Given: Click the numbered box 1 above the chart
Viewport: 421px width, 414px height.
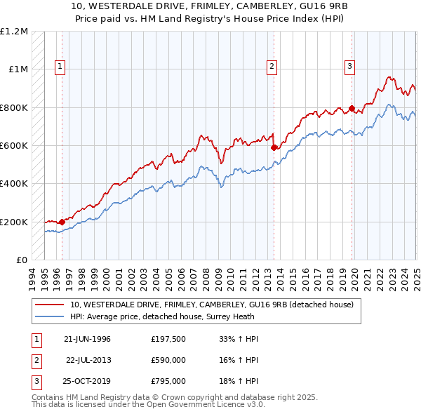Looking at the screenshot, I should tap(61, 67).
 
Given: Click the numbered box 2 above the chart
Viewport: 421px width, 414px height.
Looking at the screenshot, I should tap(272, 67).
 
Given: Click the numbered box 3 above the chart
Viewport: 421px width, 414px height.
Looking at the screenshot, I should tap(349, 67).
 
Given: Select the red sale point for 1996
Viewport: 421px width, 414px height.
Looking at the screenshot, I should tap(62, 222).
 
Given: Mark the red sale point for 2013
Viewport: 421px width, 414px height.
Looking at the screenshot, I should tap(274, 147).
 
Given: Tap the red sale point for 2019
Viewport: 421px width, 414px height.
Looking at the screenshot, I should tap(352, 109).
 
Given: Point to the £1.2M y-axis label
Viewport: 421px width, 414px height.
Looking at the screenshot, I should tap(14, 32).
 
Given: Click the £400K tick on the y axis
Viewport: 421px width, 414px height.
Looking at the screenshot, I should tap(14, 184).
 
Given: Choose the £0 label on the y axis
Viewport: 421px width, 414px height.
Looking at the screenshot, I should tap(22, 260).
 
